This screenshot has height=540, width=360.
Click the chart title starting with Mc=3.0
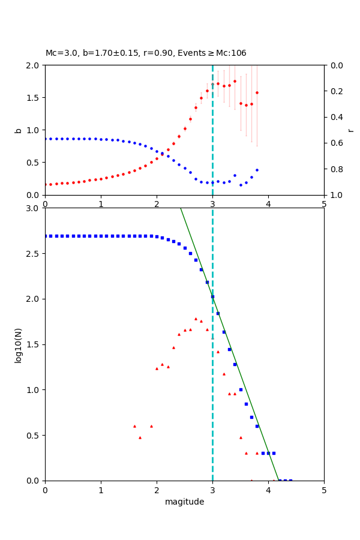[146, 53]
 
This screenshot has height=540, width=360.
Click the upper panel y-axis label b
[18, 130]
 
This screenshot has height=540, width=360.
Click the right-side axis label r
[350, 130]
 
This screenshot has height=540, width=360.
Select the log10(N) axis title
[18, 344]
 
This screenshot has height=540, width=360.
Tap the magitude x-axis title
[184, 502]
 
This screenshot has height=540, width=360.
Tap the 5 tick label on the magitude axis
[324, 490]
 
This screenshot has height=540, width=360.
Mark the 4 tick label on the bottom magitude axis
[268, 490]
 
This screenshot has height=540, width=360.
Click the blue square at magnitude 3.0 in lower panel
[212, 296]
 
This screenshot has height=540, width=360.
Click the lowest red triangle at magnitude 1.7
[140, 437]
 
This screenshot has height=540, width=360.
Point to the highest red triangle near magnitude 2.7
[196, 319]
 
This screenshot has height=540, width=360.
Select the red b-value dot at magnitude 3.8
[257, 92]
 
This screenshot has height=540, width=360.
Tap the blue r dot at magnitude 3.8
[257, 170]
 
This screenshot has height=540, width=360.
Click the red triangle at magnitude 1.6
[134, 426]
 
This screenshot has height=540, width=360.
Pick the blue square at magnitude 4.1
[274, 453]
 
